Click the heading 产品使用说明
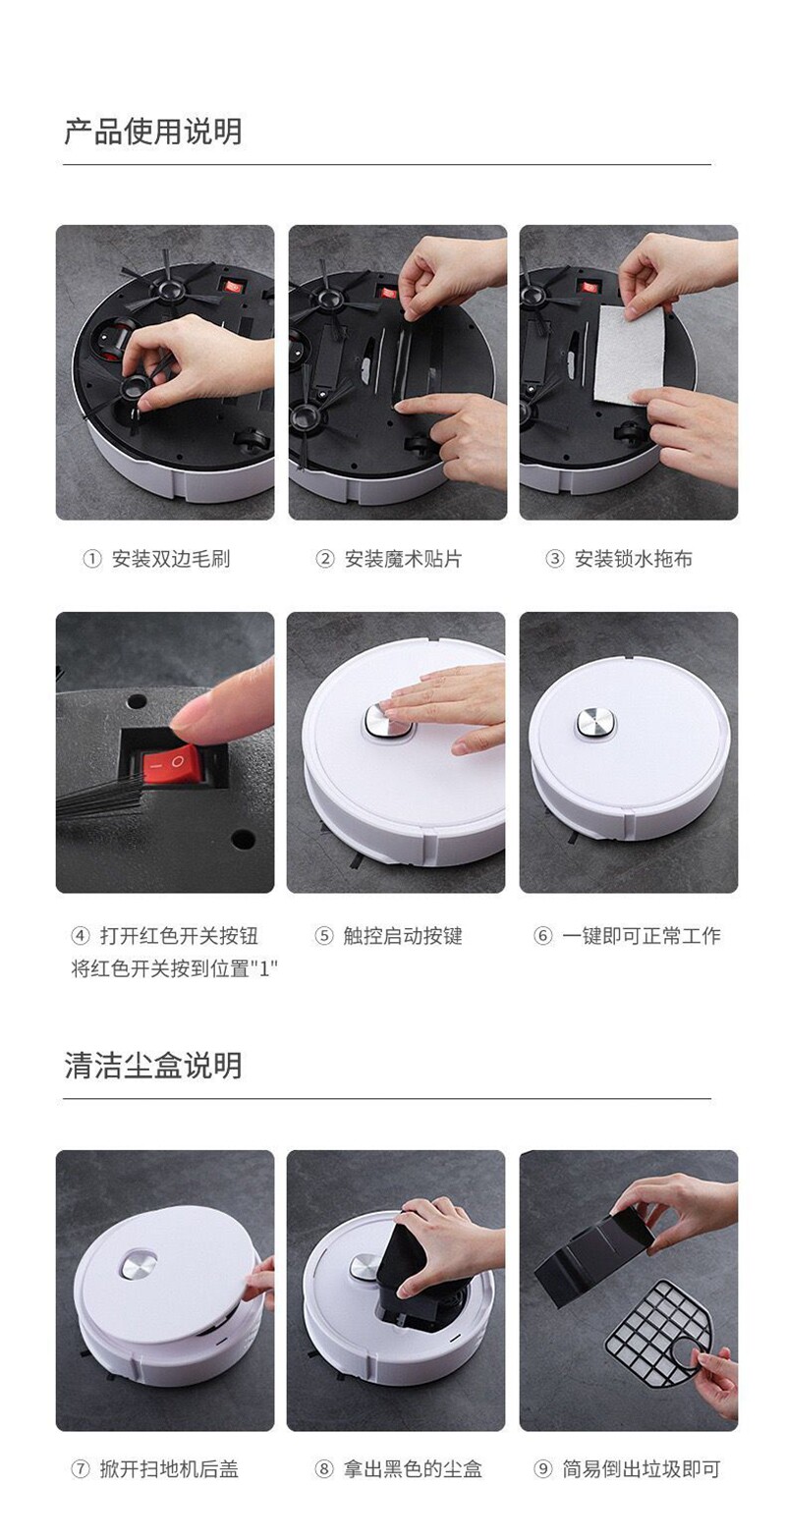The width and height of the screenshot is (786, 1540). click(153, 132)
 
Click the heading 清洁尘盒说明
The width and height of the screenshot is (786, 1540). click(153, 1065)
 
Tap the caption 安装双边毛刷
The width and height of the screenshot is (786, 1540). click(171, 559)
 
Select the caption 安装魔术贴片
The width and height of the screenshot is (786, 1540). click(403, 559)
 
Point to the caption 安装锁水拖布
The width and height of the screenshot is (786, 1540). click(634, 559)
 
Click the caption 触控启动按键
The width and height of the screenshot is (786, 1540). click(403, 936)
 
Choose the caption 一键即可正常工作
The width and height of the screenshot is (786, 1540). click(642, 936)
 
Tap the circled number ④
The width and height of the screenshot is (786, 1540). click(81, 936)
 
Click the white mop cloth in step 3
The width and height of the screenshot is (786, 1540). click(629, 355)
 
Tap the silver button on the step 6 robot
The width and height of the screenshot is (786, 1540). click(596, 723)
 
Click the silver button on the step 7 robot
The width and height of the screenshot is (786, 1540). click(139, 1265)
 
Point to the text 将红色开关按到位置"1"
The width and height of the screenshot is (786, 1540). click(175, 968)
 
